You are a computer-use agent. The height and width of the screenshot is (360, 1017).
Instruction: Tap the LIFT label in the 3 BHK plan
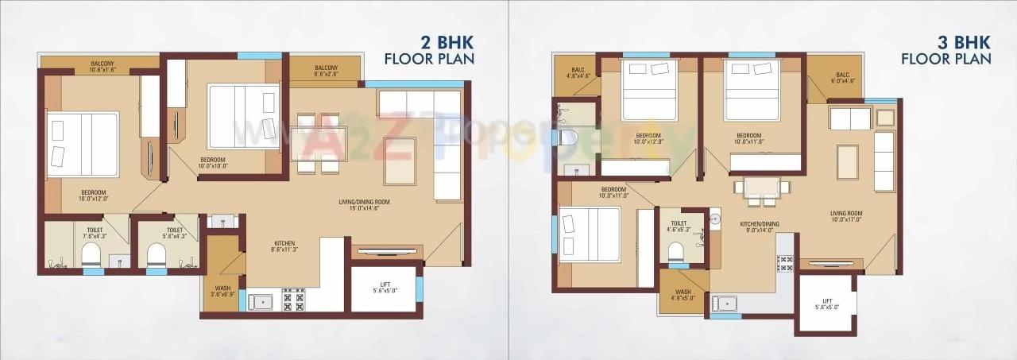coord(826,303)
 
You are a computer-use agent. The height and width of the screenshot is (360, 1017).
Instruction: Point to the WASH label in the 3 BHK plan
coord(683,295)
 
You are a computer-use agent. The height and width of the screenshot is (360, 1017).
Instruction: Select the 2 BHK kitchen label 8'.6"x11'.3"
coord(284,246)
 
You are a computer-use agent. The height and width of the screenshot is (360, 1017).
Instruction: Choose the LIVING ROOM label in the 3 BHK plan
coord(847,217)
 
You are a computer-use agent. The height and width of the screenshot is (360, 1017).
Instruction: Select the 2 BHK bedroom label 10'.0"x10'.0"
coord(213,163)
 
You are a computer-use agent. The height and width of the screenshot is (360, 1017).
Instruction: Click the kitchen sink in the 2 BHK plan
coord(261,301)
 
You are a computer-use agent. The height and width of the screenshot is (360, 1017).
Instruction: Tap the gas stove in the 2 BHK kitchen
coord(294,300)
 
